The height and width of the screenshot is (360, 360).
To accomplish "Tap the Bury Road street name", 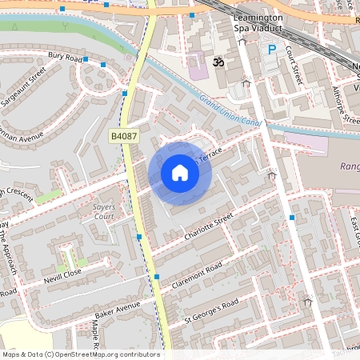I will pos(66,57).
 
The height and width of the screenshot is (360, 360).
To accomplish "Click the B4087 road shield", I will pos(125,137).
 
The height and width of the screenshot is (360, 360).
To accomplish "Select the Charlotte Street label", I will pos(208,226).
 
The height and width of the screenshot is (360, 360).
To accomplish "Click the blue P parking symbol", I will pos(272,50).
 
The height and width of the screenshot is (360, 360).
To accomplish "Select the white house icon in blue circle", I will pos(180,173).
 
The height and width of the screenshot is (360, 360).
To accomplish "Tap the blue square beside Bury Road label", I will pos(104,63).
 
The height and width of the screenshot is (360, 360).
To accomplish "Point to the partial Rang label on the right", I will pos(349,167).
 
